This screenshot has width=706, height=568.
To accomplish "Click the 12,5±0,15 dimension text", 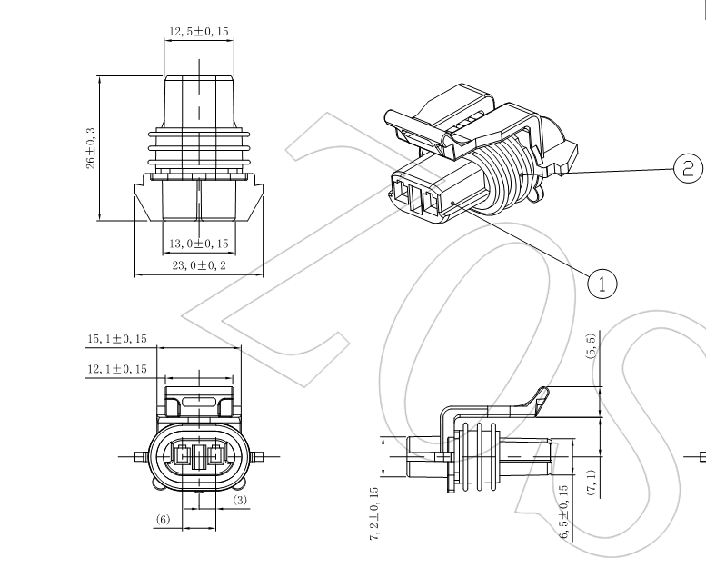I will (198, 33).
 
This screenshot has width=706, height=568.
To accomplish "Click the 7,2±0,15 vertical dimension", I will (373, 514).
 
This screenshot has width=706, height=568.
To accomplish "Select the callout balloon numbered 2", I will (687, 167).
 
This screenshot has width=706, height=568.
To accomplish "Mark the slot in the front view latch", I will (198, 401).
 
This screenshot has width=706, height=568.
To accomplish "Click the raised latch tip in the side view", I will (542, 394).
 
